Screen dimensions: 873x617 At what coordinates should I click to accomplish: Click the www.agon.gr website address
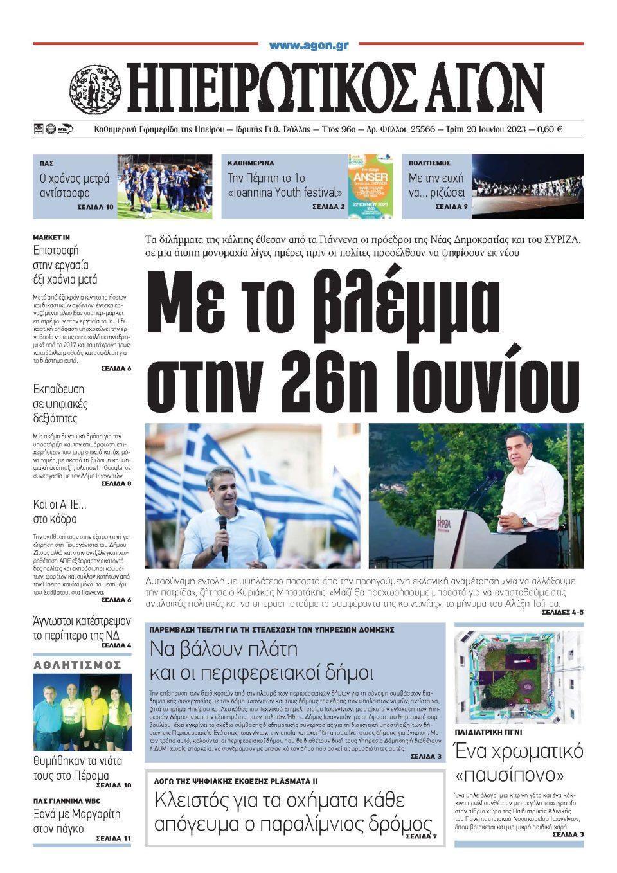point(308,46)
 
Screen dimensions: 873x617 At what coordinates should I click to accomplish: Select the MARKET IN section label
point(51,237)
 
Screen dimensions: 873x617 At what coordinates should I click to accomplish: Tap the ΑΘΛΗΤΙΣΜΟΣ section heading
point(77,665)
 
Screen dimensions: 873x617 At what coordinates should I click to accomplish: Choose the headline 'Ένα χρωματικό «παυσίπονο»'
point(519,760)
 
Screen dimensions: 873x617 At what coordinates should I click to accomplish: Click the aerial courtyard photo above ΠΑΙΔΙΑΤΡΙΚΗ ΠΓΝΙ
point(518,677)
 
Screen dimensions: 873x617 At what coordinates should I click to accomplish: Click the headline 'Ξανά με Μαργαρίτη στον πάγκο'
point(76,821)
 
